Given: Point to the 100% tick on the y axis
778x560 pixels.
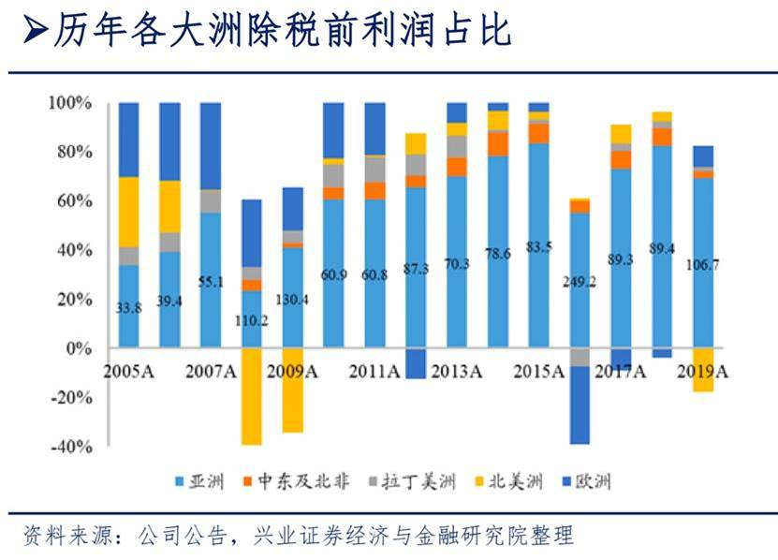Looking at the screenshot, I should tap(70, 102).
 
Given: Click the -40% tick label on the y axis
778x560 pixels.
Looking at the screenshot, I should tap(72, 446).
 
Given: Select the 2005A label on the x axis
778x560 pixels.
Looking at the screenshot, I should tap(129, 371).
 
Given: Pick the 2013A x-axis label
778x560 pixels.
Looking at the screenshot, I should tap(459, 371).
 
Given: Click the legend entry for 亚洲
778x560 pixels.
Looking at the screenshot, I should tap(202, 482).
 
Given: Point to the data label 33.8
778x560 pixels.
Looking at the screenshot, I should tap(129, 306).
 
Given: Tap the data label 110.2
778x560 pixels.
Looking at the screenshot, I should tap(252, 320).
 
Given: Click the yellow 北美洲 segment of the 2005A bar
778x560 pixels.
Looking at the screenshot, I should tap(129, 212).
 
